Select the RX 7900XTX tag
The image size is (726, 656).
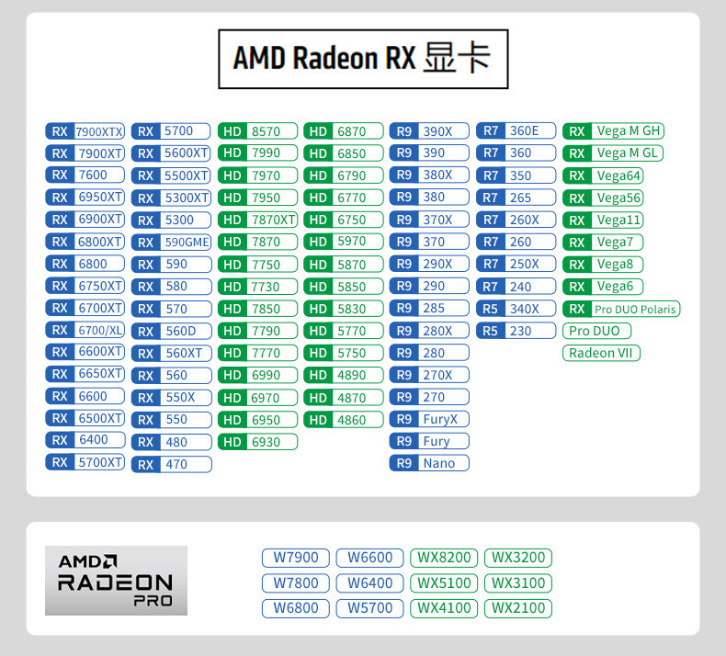(85, 131)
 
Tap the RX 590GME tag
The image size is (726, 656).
(172, 243)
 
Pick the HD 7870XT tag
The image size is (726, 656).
(257, 220)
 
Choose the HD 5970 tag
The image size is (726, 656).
(344, 242)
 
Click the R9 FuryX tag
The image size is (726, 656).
(429, 419)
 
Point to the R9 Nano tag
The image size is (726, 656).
(429, 463)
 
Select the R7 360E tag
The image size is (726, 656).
(516, 130)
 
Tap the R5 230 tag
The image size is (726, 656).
(516, 331)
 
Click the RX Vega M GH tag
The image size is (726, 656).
(613, 130)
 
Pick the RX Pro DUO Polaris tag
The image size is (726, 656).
(621, 309)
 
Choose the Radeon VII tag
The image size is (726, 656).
(601, 353)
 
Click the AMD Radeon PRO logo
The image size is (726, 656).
(116, 581)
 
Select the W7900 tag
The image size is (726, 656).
(295, 558)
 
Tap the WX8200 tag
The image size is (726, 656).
(443, 558)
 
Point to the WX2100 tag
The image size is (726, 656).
(517, 607)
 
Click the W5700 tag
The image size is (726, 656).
(369, 607)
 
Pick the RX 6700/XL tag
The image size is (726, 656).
(85, 330)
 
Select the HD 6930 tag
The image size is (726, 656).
(257, 442)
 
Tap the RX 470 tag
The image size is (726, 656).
(172, 465)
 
